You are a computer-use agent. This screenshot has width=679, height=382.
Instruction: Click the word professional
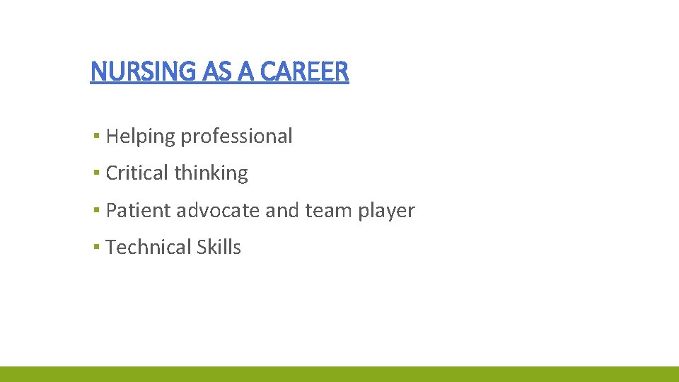coord(236,137)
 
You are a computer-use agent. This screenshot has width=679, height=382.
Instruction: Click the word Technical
coord(149,248)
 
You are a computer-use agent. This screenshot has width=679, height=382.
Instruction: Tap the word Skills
coord(219,248)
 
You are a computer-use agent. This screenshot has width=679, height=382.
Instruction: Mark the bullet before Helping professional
coord(95,136)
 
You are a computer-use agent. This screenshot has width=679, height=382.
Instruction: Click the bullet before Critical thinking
coord(95,173)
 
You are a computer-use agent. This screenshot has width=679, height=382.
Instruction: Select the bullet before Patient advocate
coord(95,210)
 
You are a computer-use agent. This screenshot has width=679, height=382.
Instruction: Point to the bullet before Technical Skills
coord(95,247)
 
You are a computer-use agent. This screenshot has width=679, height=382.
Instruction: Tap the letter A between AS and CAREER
coord(241,71)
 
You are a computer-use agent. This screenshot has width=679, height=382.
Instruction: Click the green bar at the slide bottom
coord(339,374)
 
